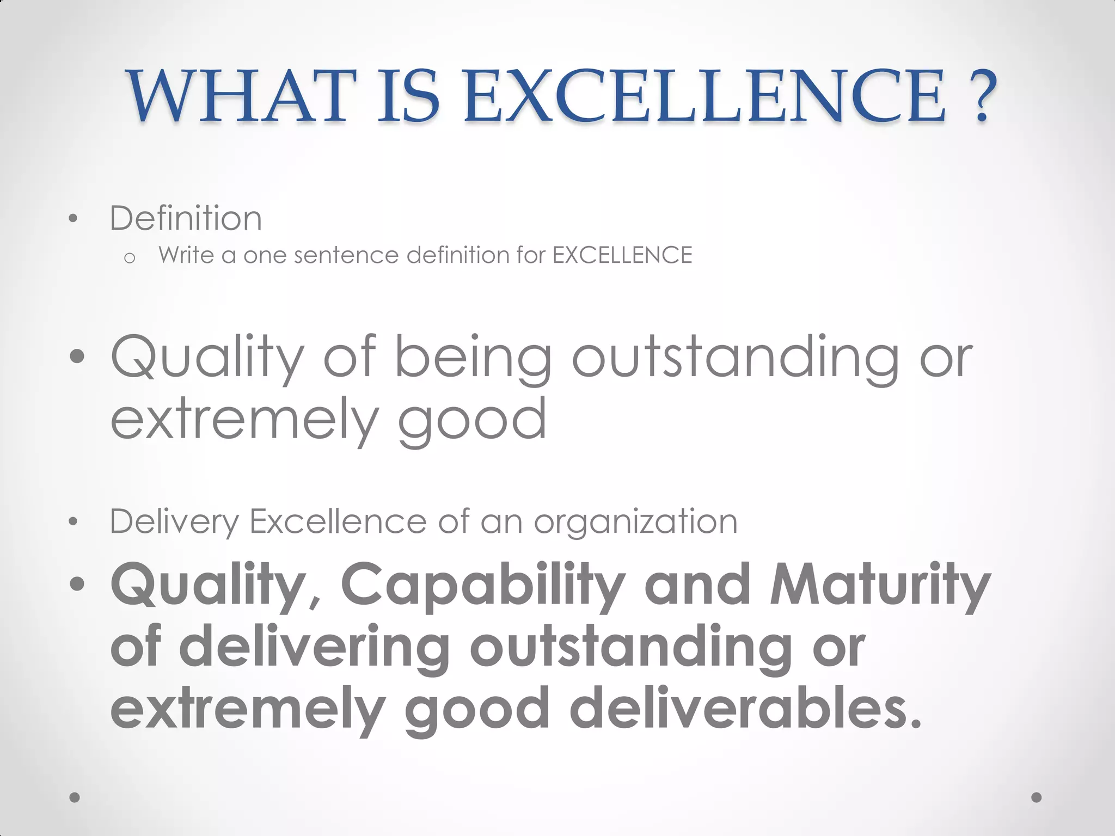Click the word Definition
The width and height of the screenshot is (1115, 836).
[186, 218]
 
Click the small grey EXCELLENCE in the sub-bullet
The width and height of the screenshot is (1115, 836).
[622, 255]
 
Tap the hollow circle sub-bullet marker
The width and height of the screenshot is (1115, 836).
[129, 258]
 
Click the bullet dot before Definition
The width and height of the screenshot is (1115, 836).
[73, 219]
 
